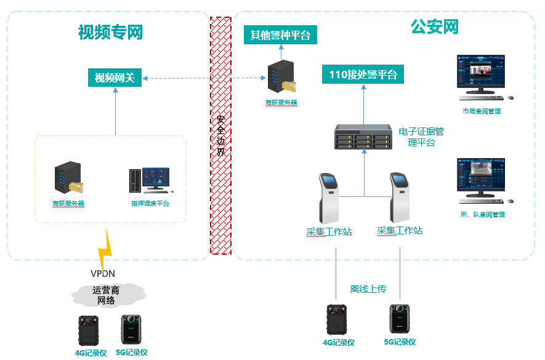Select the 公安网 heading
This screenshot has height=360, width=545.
(435, 26)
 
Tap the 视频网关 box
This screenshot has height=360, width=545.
(115, 78)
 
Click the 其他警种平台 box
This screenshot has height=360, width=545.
(280, 34)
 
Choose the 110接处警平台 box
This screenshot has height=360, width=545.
(363, 75)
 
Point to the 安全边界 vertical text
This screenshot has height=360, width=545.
(220, 135)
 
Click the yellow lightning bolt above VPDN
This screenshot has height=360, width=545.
(106, 248)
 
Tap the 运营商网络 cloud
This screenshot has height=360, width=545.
(107, 295)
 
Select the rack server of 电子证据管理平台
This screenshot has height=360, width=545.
(363, 137)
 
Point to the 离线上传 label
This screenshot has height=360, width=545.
(368, 289)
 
